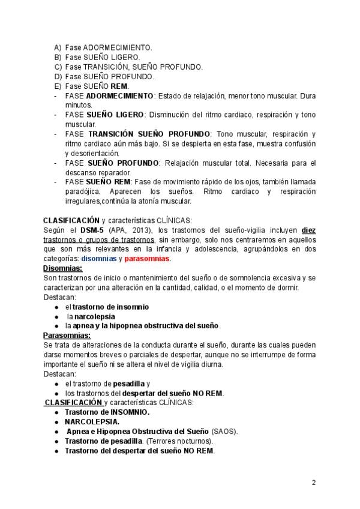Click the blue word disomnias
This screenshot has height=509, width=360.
click(x=100, y=259)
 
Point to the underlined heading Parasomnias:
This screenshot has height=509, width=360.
click(x=67, y=335)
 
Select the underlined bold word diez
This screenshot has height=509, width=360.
click(x=308, y=230)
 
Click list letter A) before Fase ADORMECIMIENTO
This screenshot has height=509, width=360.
click(x=58, y=47)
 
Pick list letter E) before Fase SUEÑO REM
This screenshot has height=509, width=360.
click(x=58, y=86)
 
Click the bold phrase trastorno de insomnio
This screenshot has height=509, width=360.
click(x=111, y=307)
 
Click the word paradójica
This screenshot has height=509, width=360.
click(x=83, y=191)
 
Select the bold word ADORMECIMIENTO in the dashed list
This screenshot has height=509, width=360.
click(x=120, y=96)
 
